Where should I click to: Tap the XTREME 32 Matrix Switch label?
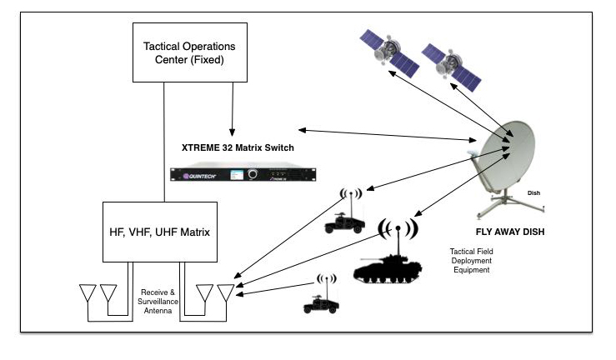238,147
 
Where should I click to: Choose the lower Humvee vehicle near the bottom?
320,304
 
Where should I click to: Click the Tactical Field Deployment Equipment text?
473,261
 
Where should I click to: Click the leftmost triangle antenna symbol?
87,293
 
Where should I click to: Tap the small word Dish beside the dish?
533,193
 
